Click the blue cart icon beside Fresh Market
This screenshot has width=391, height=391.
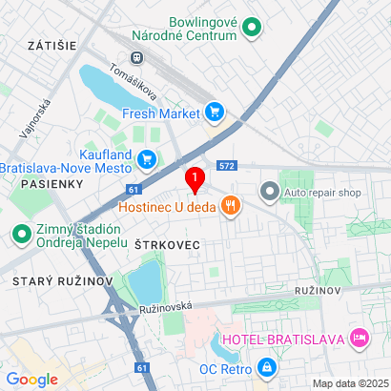[215, 113]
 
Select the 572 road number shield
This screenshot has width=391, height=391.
[226, 165]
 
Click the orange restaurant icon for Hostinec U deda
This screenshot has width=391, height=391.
[229, 205]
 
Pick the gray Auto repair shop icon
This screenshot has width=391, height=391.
[269, 192]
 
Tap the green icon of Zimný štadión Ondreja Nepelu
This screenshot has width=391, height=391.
[21, 233]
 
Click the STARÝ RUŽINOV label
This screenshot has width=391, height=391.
[63, 281]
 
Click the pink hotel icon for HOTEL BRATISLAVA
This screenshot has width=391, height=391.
[360, 337]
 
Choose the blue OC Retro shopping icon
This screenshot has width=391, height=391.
[269, 366]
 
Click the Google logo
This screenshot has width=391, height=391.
[32, 379]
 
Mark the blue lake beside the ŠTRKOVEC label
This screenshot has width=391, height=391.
[147, 280]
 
